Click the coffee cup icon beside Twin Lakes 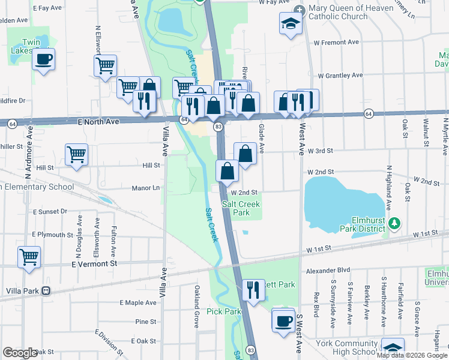click(43, 59)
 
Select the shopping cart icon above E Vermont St click(29, 257)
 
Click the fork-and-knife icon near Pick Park click(253, 290)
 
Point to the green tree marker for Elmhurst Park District click(394, 224)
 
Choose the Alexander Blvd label click(327, 271)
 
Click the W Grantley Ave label click(340, 76)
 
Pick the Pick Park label click(224, 311)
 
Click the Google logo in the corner click(20, 353)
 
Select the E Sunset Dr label click(50, 212)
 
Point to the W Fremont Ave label click(338, 43)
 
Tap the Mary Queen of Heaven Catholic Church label click(337, 12)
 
